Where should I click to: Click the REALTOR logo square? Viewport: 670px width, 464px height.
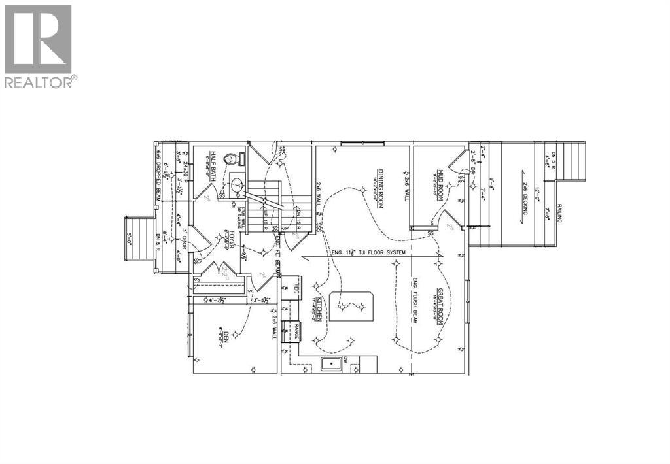38,39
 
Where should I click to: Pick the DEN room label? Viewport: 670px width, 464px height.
226,339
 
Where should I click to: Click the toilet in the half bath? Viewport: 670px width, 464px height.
230,159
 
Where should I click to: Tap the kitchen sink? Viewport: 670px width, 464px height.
331,364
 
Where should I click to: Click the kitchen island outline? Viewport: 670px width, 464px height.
353,305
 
